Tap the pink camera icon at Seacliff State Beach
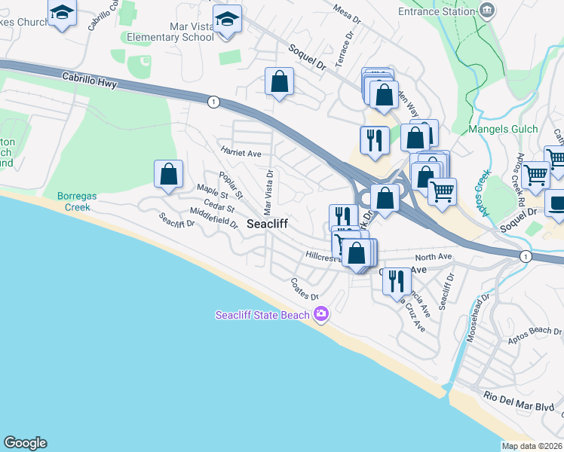coord(322,313)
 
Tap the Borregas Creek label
coord(74,201)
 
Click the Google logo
coord(25,443)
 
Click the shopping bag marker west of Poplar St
coord(169,175)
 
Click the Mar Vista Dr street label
coord(268,191)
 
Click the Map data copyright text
coord(532,446)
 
